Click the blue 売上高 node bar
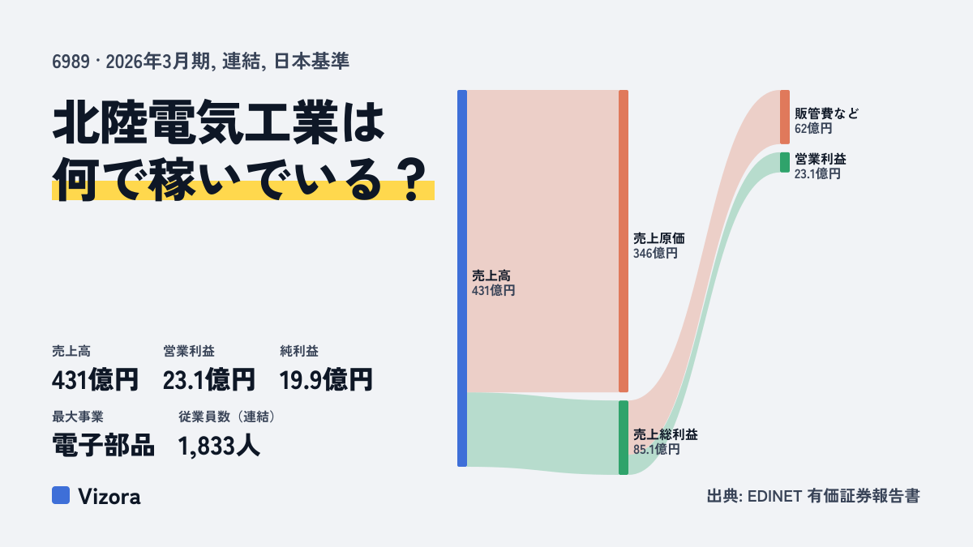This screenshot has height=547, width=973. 462,278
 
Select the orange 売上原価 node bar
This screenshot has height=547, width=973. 624,241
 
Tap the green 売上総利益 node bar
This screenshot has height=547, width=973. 624,438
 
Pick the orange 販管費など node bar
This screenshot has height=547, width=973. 785,118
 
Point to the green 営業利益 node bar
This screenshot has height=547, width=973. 785,162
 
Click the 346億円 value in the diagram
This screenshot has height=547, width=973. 655,253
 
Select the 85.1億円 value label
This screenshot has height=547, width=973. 656,449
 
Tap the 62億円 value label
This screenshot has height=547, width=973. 813,129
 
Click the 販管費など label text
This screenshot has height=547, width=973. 826,113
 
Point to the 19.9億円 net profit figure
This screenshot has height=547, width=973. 326,380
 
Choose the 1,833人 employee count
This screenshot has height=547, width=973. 219,446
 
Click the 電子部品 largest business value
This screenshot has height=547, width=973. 103,446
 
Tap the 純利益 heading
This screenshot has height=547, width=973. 299,351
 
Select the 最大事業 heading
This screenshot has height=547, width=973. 78,417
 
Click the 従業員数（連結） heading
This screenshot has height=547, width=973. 227,417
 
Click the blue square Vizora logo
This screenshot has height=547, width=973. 61,495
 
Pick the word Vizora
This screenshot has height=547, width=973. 109,497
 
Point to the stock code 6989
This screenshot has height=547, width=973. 71,62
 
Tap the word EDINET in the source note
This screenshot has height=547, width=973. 774,496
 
